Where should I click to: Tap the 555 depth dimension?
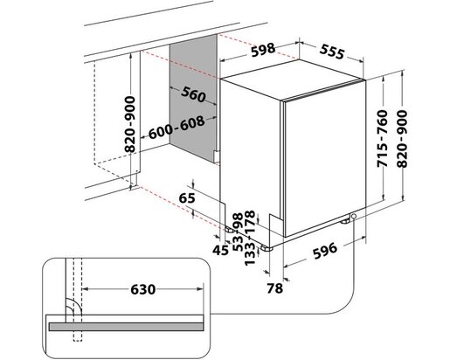(335, 52)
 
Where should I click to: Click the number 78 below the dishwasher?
(274, 287)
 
